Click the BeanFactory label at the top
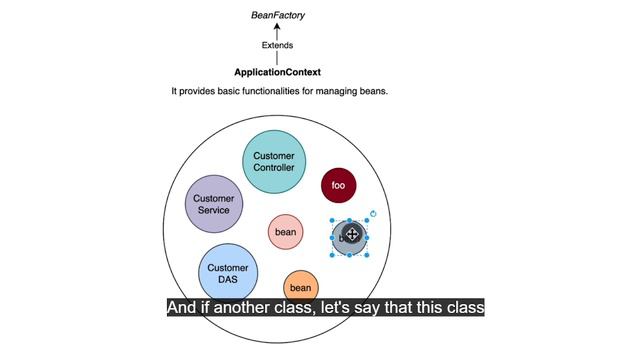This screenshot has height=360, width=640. [x=278, y=16]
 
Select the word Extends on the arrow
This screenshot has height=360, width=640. [x=278, y=45]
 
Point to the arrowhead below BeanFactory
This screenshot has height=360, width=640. [x=277, y=26]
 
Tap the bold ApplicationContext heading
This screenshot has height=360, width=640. [x=278, y=72]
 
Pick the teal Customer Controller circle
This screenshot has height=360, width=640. [x=274, y=162]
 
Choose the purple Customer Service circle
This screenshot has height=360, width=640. [x=214, y=204]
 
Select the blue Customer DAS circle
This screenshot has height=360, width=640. [x=228, y=273]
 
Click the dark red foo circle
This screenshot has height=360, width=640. [x=338, y=185]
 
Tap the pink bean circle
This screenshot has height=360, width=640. [x=285, y=232]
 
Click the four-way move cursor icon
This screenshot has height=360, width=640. [x=352, y=234]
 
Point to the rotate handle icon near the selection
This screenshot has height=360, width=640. [x=373, y=213]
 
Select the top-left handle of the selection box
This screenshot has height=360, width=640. [x=332, y=220]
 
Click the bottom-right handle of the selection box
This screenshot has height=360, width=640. [x=367, y=255]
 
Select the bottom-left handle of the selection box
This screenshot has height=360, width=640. [x=332, y=255]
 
